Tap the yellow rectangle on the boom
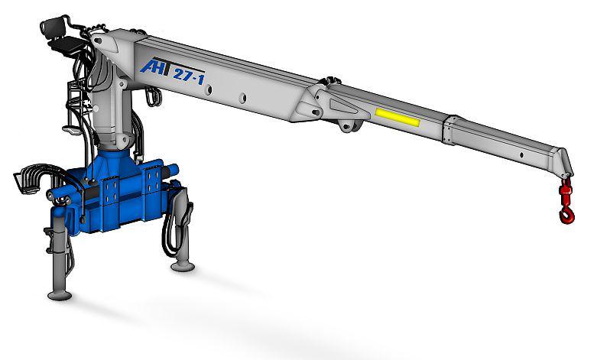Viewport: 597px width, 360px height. [397, 118]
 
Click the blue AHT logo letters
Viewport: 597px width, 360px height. [156, 66]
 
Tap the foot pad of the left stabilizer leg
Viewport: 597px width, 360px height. [60, 295]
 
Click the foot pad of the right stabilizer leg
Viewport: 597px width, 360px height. [183, 266]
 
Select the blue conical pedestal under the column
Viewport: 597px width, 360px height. [113, 163]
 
